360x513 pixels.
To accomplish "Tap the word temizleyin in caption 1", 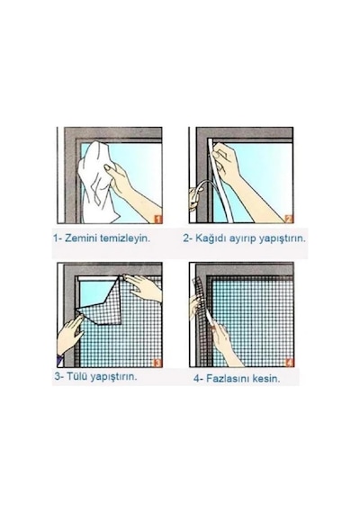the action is [x=125, y=238].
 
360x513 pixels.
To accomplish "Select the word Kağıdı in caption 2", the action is [x=210, y=238].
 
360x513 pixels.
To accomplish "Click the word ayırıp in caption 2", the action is [x=242, y=238].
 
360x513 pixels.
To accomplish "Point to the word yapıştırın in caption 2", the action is [x=282, y=238].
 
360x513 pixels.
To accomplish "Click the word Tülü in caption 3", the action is [x=76, y=376].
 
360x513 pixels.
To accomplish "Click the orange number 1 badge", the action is [x=157, y=219].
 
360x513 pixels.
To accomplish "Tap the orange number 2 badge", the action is [x=289, y=219].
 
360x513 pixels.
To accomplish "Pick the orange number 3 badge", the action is [x=157, y=363].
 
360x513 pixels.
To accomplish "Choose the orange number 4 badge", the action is [x=289, y=362].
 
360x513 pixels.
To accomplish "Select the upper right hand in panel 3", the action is [x=144, y=287].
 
